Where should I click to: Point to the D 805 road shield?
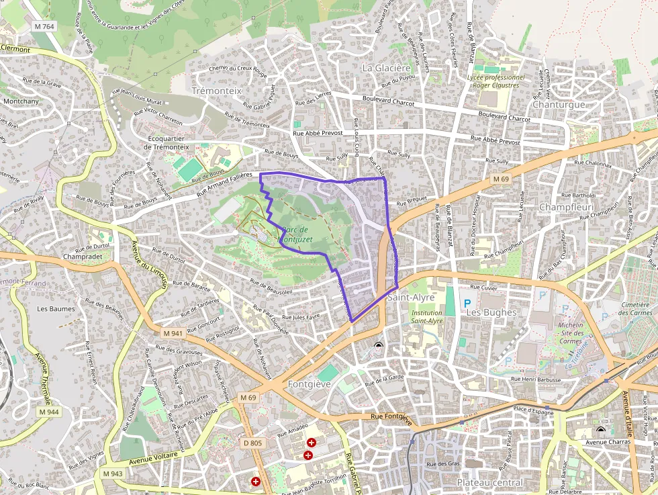(x=253, y=443)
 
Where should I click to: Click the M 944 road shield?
(x=48, y=412)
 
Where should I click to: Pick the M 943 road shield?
(x=113, y=474)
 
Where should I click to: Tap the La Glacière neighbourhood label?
(x=386, y=68)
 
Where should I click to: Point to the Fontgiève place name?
(x=309, y=384)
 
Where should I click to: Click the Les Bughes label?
(x=491, y=312)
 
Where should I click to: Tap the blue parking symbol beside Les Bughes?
(x=467, y=304)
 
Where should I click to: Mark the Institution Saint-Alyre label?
(x=427, y=317)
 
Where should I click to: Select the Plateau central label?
(x=489, y=482)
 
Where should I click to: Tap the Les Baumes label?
(x=56, y=309)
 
